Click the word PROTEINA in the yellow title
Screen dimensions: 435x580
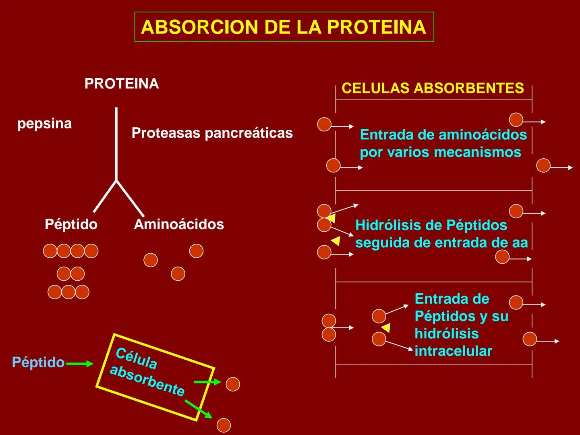tap(376, 27)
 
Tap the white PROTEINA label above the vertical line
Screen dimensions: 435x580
tap(122, 84)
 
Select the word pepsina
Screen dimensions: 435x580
tap(44, 123)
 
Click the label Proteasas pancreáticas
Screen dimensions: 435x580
tap(212, 133)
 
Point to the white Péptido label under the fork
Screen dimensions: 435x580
tap(71, 224)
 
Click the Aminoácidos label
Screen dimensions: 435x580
tap(179, 224)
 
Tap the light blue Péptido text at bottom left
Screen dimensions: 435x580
tap(38, 362)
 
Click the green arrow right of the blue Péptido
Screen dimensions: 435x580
tap(79, 364)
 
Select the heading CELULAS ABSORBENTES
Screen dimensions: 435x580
tap(433, 88)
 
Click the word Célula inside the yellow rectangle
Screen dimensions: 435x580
tap(136, 358)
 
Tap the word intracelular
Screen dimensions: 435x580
tap(453, 351)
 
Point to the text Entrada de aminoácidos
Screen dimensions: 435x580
tap(443, 135)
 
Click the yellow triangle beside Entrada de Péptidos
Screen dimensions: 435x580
tap(386, 327)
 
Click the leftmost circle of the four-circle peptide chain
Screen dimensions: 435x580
tap(50, 251)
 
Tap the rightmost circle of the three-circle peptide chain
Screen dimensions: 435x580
tap(82, 292)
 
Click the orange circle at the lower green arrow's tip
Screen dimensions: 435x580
tap(224, 425)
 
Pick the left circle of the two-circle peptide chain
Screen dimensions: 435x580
tap(64, 274)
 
